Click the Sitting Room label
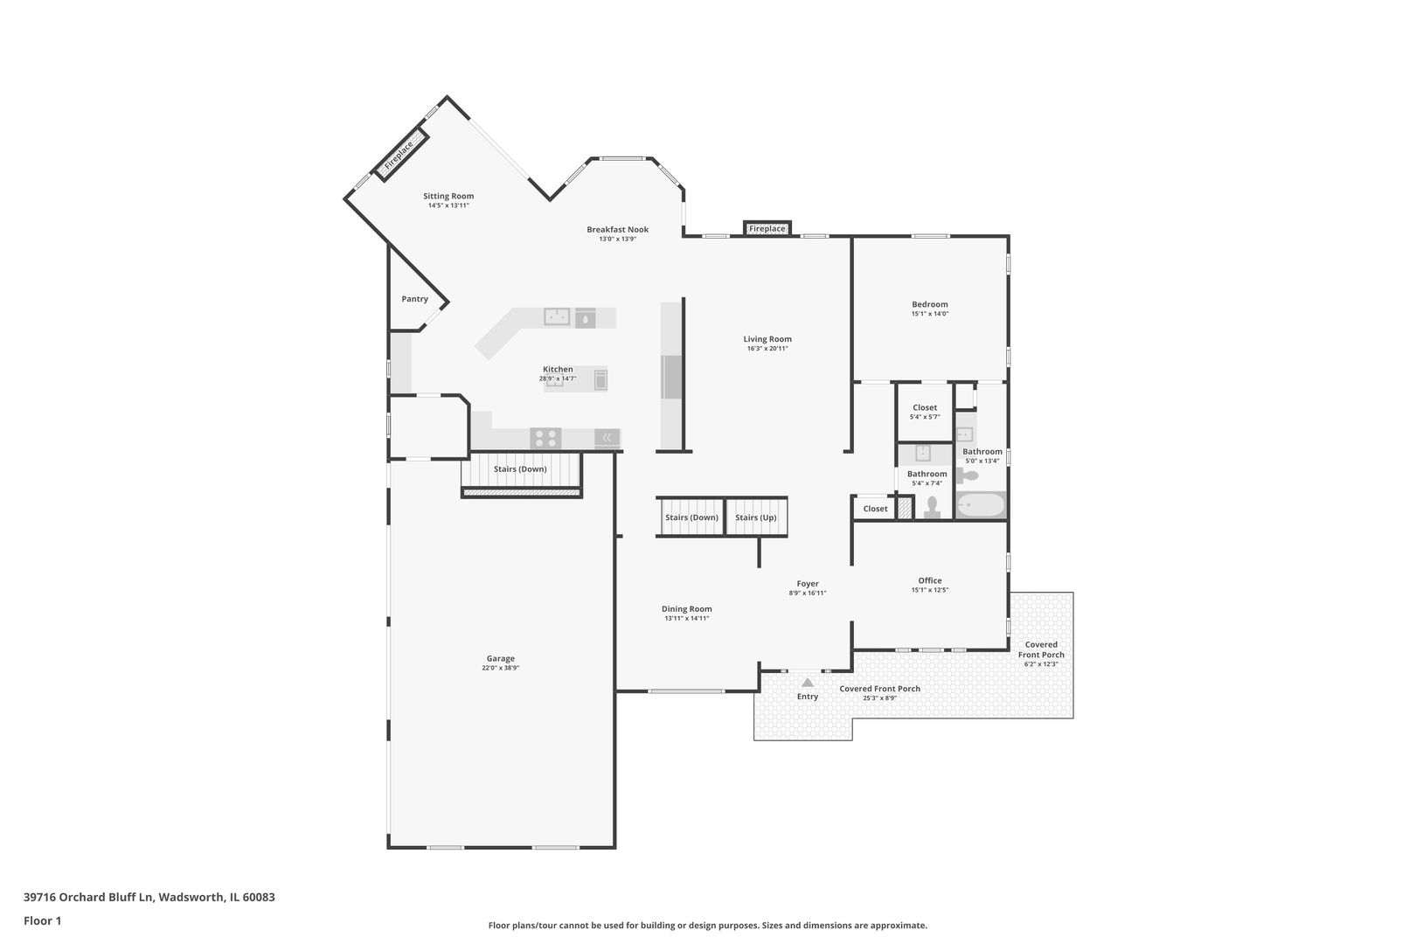448,197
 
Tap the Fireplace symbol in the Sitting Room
400,156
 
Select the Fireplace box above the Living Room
767,229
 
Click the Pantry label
415,299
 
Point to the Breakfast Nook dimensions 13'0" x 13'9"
617,239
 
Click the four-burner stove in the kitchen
546,437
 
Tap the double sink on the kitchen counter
557,316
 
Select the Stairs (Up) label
756,517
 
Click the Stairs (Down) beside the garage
520,469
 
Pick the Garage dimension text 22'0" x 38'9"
501,668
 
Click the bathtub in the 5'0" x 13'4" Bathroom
981,505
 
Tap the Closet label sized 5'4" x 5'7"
925,408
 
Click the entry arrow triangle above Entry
808,682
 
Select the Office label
930,580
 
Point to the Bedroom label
930,305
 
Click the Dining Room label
687,609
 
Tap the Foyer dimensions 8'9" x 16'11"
808,593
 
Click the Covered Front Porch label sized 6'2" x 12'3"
1041,649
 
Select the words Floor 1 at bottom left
43,920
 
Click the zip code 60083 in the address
259,898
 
